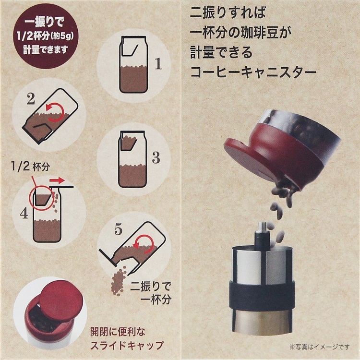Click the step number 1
pyautogui.click(x=158, y=63)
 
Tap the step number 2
pyautogui.click(x=31, y=99)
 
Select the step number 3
pyautogui.click(x=156, y=158)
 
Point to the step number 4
pyautogui.click(x=24, y=214)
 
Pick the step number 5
pyautogui.click(x=119, y=229)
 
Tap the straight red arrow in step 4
pyautogui.click(x=57, y=180)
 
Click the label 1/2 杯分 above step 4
pyautogui.click(x=30, y=166)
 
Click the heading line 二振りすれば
pyautogui.click(x=228, y=12)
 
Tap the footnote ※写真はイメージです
pyautogui.click(x=320, y=347)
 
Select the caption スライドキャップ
pyautogui.click(x=127, y=345)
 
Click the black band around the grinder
pyautogui.click(x=262, y=294)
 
